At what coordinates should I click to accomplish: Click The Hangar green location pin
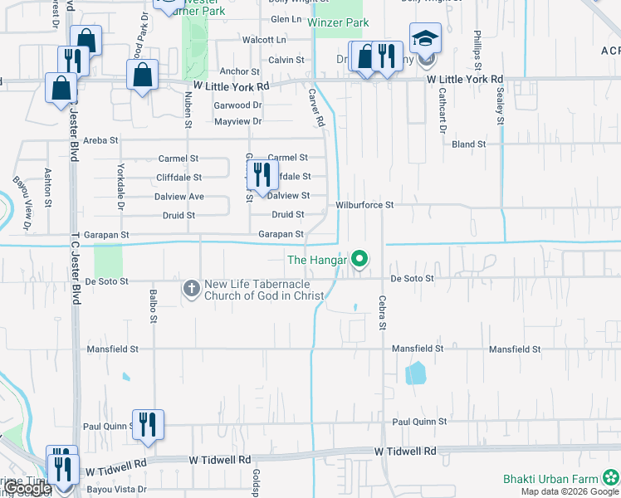pos(359,261)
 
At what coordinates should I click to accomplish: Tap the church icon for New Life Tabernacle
pos(191,289)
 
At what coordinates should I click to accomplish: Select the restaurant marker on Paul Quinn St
pos(148,423)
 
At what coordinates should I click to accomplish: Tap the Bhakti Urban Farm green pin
pos(611,478)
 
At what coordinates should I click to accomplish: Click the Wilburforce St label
pos(364,204)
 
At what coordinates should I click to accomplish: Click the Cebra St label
pos(384,313)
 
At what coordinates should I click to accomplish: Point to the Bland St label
pos(468,144)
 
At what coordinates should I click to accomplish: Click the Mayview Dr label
pos(237,122)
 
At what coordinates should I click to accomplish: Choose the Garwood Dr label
pos(237,105)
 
